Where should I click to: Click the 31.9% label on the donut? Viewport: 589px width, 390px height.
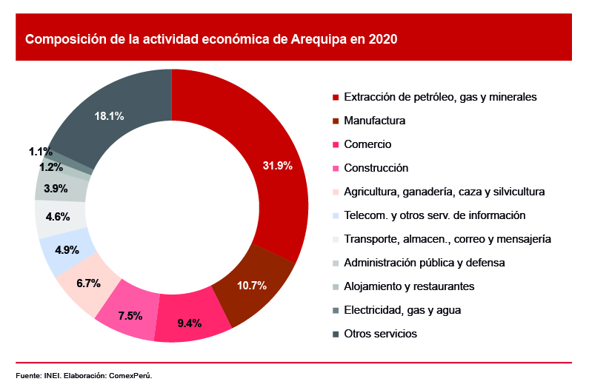coord(278,166)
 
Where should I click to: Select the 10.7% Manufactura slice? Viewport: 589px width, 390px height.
coord(251,285)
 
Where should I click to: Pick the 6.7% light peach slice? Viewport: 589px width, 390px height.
coord(88,283)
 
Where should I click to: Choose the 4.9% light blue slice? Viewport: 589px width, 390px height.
coord(67,250)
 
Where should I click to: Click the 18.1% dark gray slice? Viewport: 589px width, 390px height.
coord(109,116)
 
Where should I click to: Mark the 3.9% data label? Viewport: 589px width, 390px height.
coord(56,189)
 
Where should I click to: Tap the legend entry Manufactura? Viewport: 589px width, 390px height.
coord(375,121)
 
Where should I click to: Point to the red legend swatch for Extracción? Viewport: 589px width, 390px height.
coord(336,97)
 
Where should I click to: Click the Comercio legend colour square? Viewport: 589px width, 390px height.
coord(336,144)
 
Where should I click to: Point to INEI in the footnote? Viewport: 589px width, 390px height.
coord(50,375)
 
